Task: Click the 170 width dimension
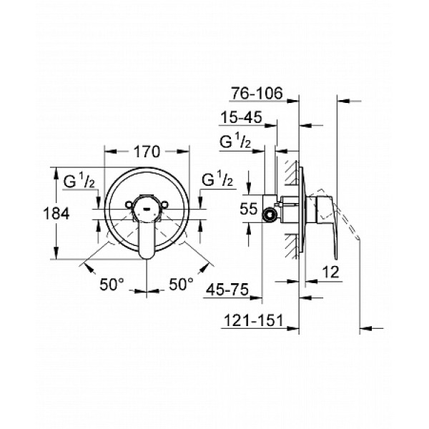147,152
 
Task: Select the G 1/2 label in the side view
234,142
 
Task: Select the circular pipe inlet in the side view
271,213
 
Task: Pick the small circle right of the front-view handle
167,205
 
